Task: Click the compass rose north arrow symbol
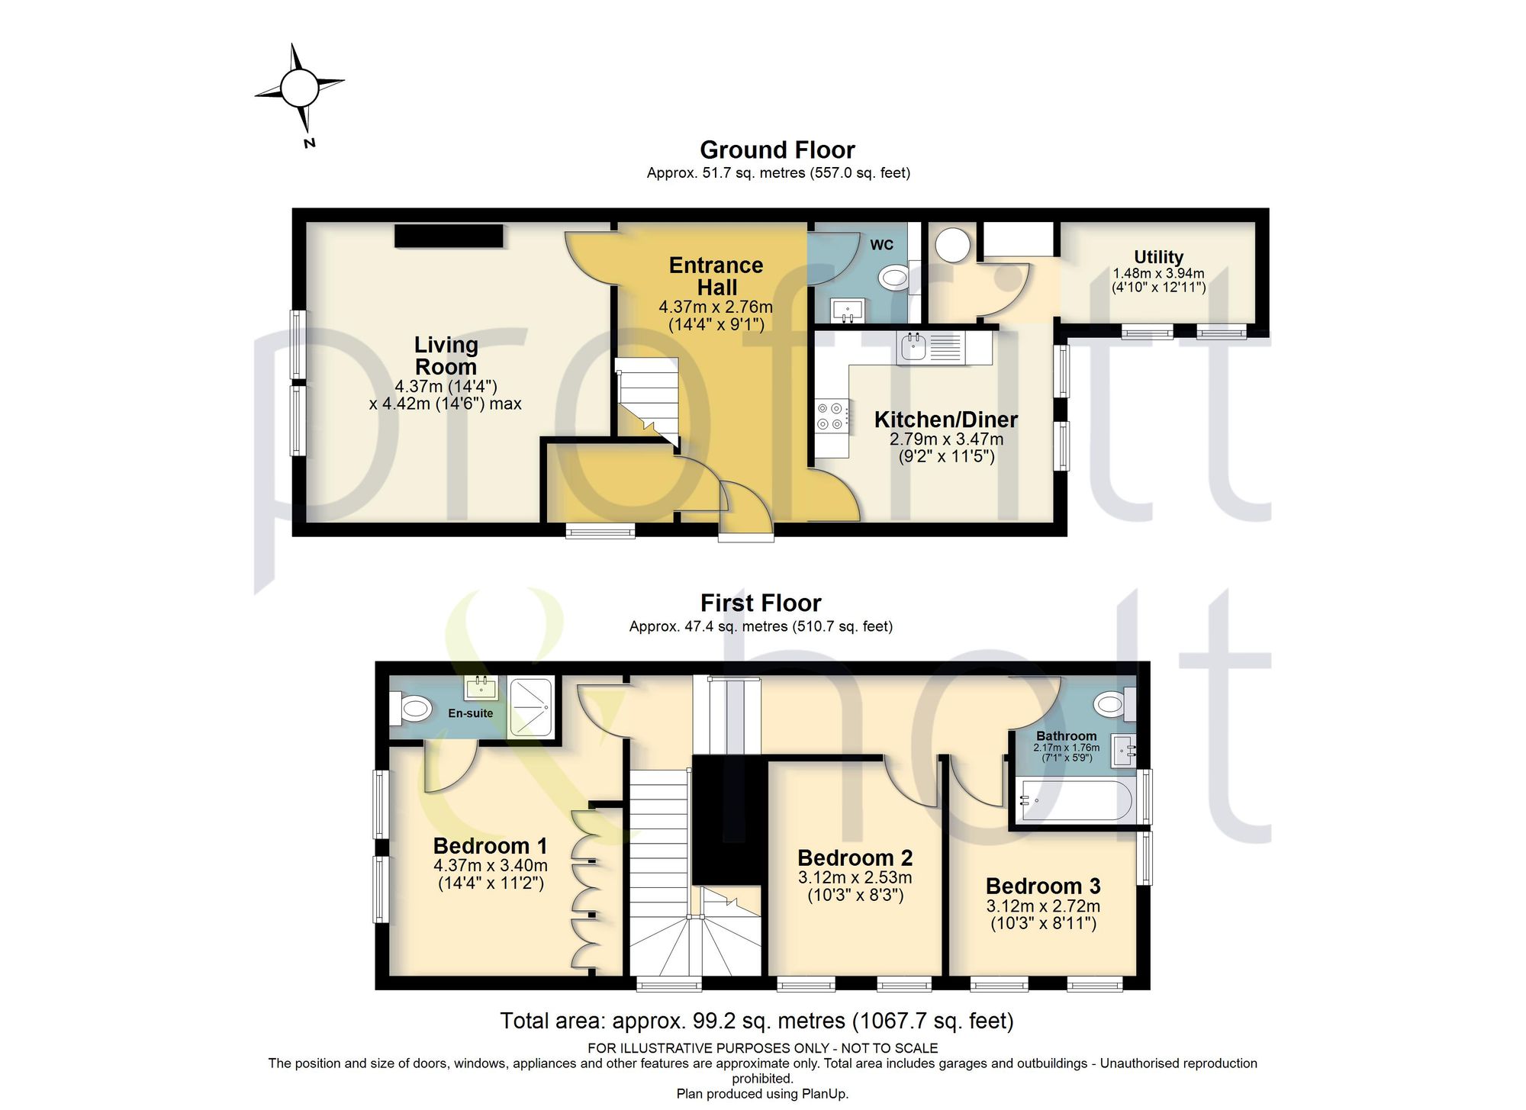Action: pyautogui.click(x=299, y=88)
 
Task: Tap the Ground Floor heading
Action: pyautogui.click(x=777, y=150)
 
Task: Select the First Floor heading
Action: pyautogui.click(x=761, y=603)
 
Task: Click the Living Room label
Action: pyautogui.click(x=446, y=356)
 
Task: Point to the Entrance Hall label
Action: pyautogui.click(x=716, y=276)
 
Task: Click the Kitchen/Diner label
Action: pyautogui.click(x=946, y=419)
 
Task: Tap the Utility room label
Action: pyautogui.click(x=1158, y=257)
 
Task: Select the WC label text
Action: pyautogui.click(x=881, y=245)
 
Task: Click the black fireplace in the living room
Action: pyautogui.click(x=449, y=236)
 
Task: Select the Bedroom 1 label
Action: pyautogui.click(x=490, y=845)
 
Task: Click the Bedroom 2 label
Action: pyautogui.click(x=855, y=857)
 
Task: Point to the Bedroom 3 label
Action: pyautogui.click(x=1043, y=886)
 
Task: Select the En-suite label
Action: pyautogui.click(x=470, y=713)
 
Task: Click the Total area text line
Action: pyautogui.click(x=757, y=1021)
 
